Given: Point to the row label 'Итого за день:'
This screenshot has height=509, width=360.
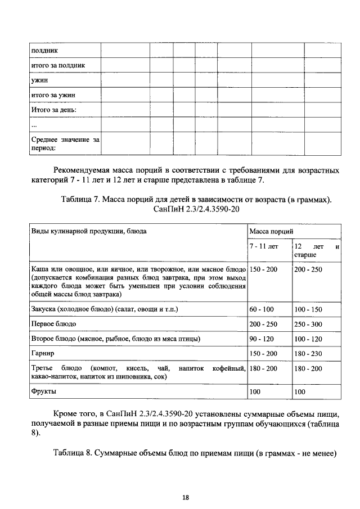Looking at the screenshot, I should [x=53, y=109].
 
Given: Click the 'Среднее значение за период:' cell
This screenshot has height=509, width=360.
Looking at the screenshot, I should [x=64, y=143].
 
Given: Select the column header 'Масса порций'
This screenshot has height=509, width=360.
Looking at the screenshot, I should [x=269, y=231].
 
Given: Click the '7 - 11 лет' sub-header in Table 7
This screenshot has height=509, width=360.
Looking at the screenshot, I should [x=264, y=246].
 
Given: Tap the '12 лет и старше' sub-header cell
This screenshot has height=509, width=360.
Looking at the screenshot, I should [x=317, y=250].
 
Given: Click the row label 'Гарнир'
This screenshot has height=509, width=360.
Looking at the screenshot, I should [x=42, y=353].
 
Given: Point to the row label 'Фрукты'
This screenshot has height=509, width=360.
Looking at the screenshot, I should [x=44, y=390].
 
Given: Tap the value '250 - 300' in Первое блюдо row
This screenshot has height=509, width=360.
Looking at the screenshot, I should [x=308, y=324].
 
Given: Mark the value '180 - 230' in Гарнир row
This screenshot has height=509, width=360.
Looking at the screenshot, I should [x=308, y=353].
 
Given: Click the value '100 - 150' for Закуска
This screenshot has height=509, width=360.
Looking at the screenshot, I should [x=308, y=309].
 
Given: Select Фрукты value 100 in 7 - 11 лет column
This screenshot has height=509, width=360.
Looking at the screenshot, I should [x=255, y=391].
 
